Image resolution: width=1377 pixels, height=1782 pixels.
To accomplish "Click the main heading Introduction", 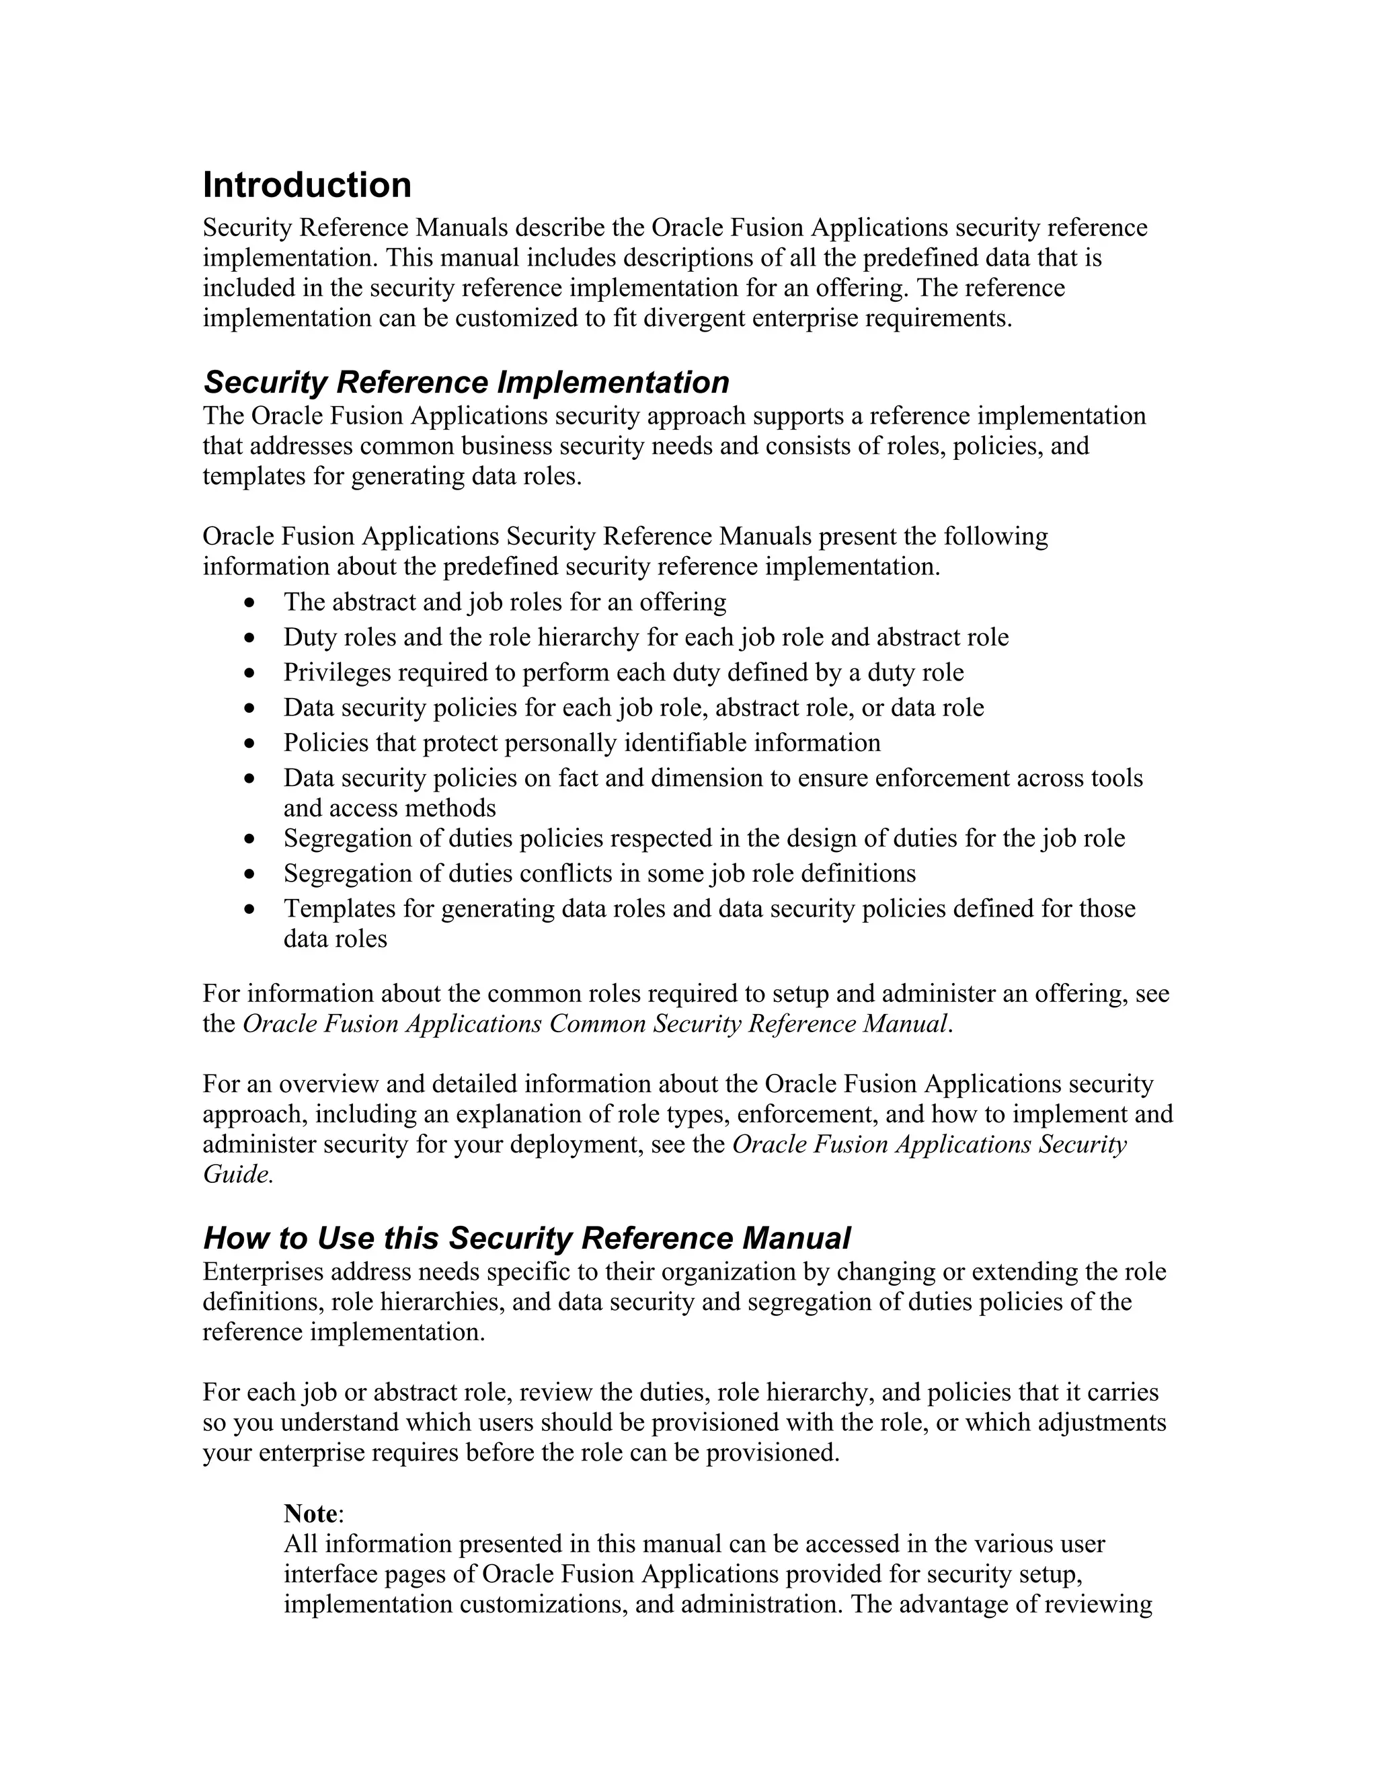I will tap(307, 185).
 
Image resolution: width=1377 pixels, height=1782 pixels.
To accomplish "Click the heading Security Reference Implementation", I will tap(466, 382).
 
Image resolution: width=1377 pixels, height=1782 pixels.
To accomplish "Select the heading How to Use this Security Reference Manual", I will tap(526, 1238).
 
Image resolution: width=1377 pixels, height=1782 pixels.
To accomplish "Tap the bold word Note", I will tap(310, 1514).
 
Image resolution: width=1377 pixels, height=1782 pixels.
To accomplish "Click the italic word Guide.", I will tap(236, 1174).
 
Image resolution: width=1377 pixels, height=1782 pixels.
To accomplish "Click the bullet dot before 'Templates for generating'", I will tap(249, 910).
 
